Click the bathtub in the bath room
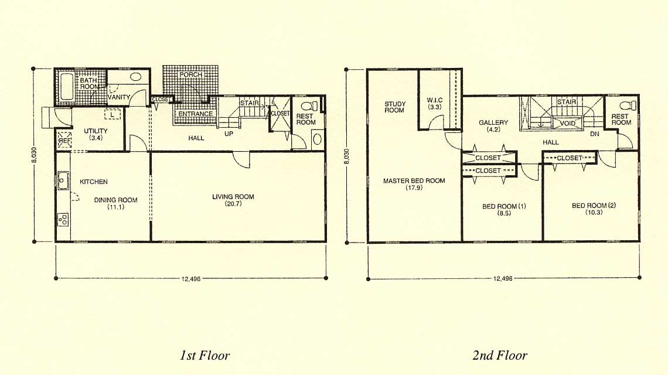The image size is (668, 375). point(66,87)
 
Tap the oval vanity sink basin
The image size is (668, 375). point(136,77)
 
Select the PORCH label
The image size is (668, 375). point(191,74)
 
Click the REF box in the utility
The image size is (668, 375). point(64,140)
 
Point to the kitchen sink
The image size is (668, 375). point(63,180)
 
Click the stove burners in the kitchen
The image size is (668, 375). point(63,220)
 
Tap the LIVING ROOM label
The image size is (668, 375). point(233,197)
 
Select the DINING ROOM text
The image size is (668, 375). point(116,200)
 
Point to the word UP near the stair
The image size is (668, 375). point(229,134)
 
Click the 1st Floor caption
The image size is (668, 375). point(205,356)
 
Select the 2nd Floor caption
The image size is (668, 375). point(500,356)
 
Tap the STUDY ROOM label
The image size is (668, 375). point(395,107)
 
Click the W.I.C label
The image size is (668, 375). point(435,100)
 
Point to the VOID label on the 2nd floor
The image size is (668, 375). point(567,124)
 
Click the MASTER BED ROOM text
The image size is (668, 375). point(414,180)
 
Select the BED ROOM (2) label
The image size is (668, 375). point(594,206)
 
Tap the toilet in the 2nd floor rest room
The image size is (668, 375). point(628,105)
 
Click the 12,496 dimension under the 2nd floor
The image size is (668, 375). point(503,279)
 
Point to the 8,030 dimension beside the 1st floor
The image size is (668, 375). point(35,155)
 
